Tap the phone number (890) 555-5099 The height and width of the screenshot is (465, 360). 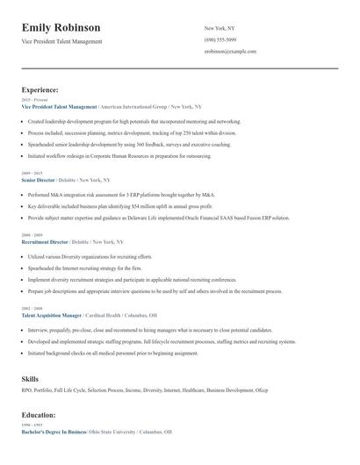pos(220,39)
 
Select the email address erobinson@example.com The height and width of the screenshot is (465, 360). pos(229,52)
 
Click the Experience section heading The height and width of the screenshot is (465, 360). pos(40,89)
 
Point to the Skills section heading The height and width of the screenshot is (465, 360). pos(30,378)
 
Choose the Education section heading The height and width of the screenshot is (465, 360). pos(39,414)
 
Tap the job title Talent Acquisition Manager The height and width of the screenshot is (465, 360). pos(51,314)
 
